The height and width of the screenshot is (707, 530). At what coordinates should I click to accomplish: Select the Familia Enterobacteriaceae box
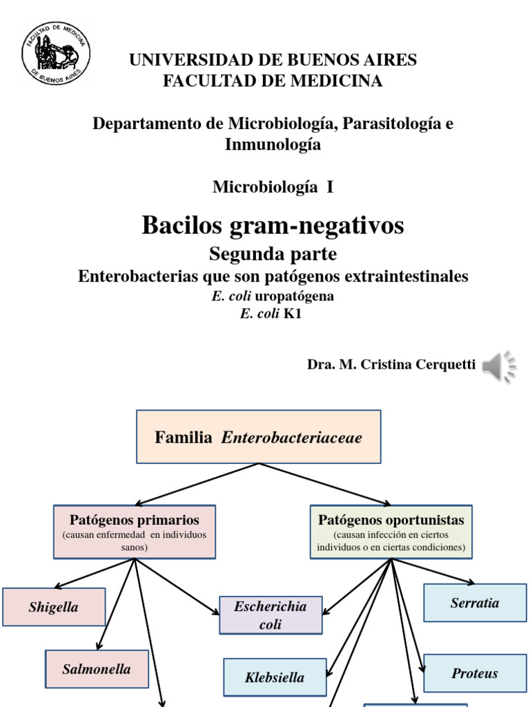259,437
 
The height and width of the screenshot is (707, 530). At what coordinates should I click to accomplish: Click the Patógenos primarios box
135,532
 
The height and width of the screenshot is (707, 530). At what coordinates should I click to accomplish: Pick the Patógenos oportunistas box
391,532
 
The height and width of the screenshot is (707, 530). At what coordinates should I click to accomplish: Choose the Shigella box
54,608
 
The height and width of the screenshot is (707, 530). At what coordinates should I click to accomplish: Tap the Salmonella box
97,669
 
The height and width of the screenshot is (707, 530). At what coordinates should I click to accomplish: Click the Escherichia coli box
271,615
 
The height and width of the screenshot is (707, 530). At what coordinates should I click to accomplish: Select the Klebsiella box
275,677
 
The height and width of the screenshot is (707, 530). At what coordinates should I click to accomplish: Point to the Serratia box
475,603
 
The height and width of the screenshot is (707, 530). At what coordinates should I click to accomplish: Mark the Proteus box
475,673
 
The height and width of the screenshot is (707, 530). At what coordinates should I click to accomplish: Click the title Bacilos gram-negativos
273,226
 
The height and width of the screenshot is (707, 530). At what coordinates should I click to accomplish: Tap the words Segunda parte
273,254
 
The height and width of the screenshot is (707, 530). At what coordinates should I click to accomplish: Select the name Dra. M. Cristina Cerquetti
391,365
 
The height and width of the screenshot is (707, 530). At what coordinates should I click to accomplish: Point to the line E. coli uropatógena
273,296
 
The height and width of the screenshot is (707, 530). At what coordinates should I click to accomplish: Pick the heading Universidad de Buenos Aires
273,60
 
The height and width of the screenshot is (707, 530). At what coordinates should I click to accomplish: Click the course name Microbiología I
273,186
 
